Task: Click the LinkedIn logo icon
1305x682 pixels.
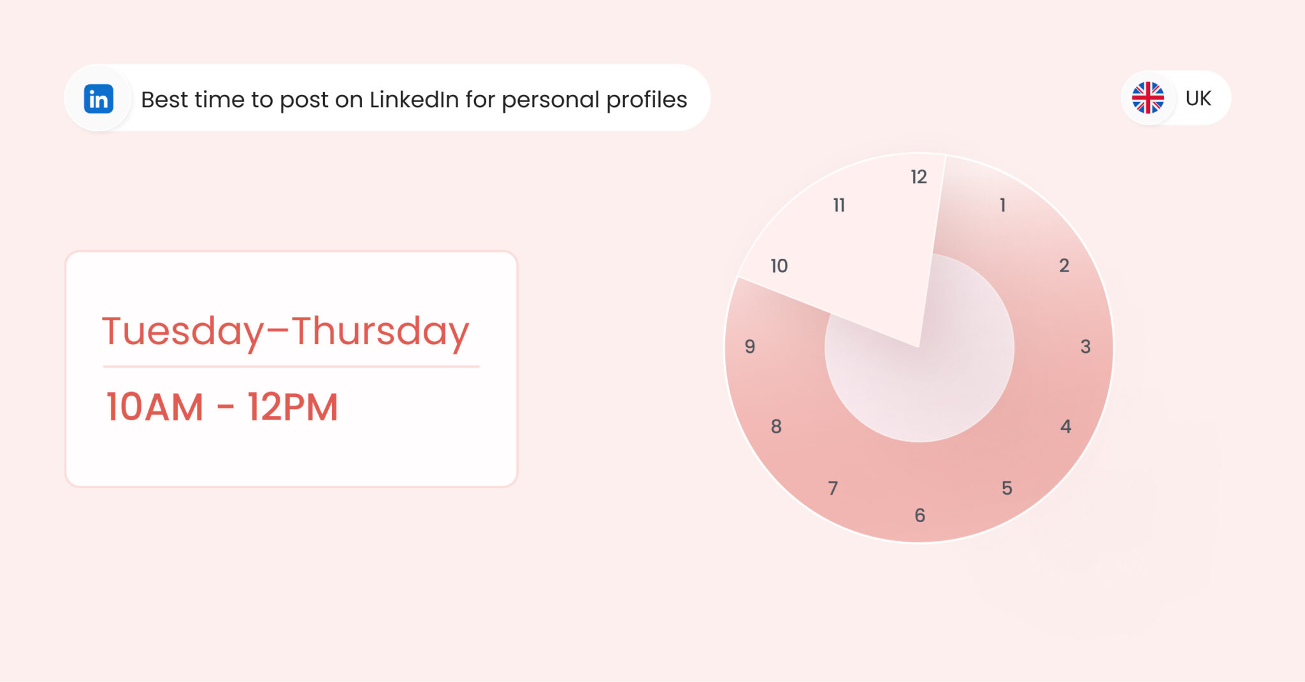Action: tap(98, 99)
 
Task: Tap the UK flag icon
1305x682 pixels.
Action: tap(1148, 98)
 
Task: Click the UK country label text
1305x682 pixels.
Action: tap(1198, 98)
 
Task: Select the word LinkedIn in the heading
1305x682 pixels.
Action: tap(414, 99)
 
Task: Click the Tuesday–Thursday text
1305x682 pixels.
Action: tap(285, 331)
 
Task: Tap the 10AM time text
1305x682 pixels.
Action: tap(155, 407)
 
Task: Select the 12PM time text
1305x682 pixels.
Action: tap(292, 407)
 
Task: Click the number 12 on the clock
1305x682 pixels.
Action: tap(918, 177)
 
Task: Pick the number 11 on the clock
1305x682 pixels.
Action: tap(839, 205)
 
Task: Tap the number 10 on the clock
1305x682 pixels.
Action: tap(779, 266)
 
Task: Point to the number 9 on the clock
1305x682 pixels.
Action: tap(750, 347)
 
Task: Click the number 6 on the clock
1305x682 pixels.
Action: tap(919, 515)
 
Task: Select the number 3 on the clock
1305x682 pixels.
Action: tap(1085, 347)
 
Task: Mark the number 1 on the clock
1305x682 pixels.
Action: tap(1002, 205)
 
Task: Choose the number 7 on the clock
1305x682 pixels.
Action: tap(833, 488)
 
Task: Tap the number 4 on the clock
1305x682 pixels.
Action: tap(1065, 426)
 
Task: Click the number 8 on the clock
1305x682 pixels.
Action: tap(776, 426)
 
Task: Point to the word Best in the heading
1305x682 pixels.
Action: tap(164, 99)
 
